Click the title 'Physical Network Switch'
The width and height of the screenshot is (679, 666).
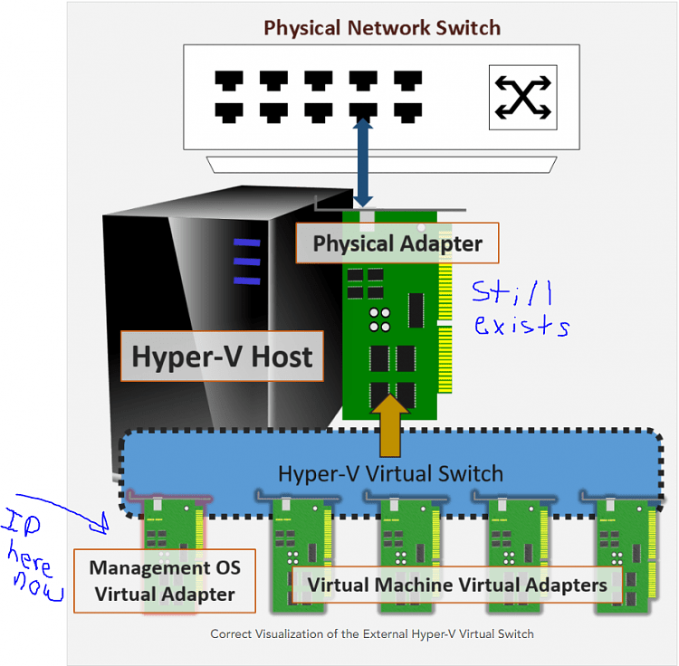point(381,27)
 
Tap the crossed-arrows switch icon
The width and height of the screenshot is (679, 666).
point(522,96)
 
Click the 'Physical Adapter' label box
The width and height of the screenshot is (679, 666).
point(397,243)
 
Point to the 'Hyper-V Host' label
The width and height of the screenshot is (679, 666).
point(222,356)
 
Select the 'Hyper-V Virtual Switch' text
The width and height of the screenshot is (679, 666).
point(390,473)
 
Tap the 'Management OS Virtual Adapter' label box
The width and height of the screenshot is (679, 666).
point(165,581)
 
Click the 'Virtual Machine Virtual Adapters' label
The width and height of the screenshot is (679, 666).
point(457,585)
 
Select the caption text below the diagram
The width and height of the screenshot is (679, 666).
point(372,634)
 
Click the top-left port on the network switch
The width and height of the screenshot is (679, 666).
point(228,81)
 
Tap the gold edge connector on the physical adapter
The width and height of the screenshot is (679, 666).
point(445,326)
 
